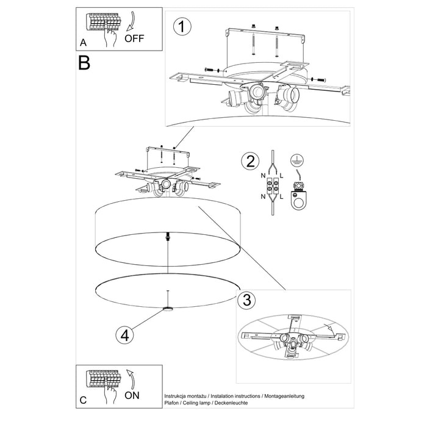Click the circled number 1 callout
pyautogui.click(x=179, y=26)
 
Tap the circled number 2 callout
pyautogui.click(x=248, y=162)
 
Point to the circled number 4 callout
pyautogui.click(x=124, y=334)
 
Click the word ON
pyautogui.click(x=132, y=395)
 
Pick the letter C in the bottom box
pyautogui.click(x=84, y=400)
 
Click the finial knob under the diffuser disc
pyautogui.click(x=168, y=309)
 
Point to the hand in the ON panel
pyautogui.click(x=110, y=395)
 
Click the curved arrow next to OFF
pyautogui.click(x=131, y=23)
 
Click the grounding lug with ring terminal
pyautogui.click(x=298, y=196)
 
